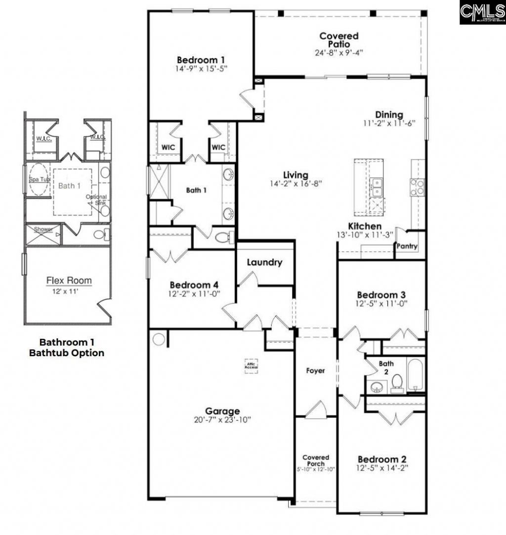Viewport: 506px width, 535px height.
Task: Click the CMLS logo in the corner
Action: (x=482, y=12)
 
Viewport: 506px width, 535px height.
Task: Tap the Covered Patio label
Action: (x=338, y=40)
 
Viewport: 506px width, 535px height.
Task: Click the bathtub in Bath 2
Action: (x=415, y=375)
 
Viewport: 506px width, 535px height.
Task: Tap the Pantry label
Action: (x=407, y=246)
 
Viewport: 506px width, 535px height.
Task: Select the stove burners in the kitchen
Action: (x=417, y=186)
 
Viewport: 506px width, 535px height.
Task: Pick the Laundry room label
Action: (x=264, y=262)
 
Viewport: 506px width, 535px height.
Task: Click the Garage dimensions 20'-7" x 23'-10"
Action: (x=223, y=420)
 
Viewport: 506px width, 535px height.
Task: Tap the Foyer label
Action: (x=315, y=370)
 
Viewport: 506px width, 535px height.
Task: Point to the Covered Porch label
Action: (x=316, y=460)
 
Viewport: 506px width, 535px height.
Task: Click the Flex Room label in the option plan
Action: (x=69, y=281)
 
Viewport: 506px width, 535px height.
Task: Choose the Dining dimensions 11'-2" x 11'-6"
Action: (x=388, y=123)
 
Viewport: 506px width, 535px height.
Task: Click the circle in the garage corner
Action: (x=159, y=339)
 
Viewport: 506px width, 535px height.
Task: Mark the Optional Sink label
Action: (x=96, y=200)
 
